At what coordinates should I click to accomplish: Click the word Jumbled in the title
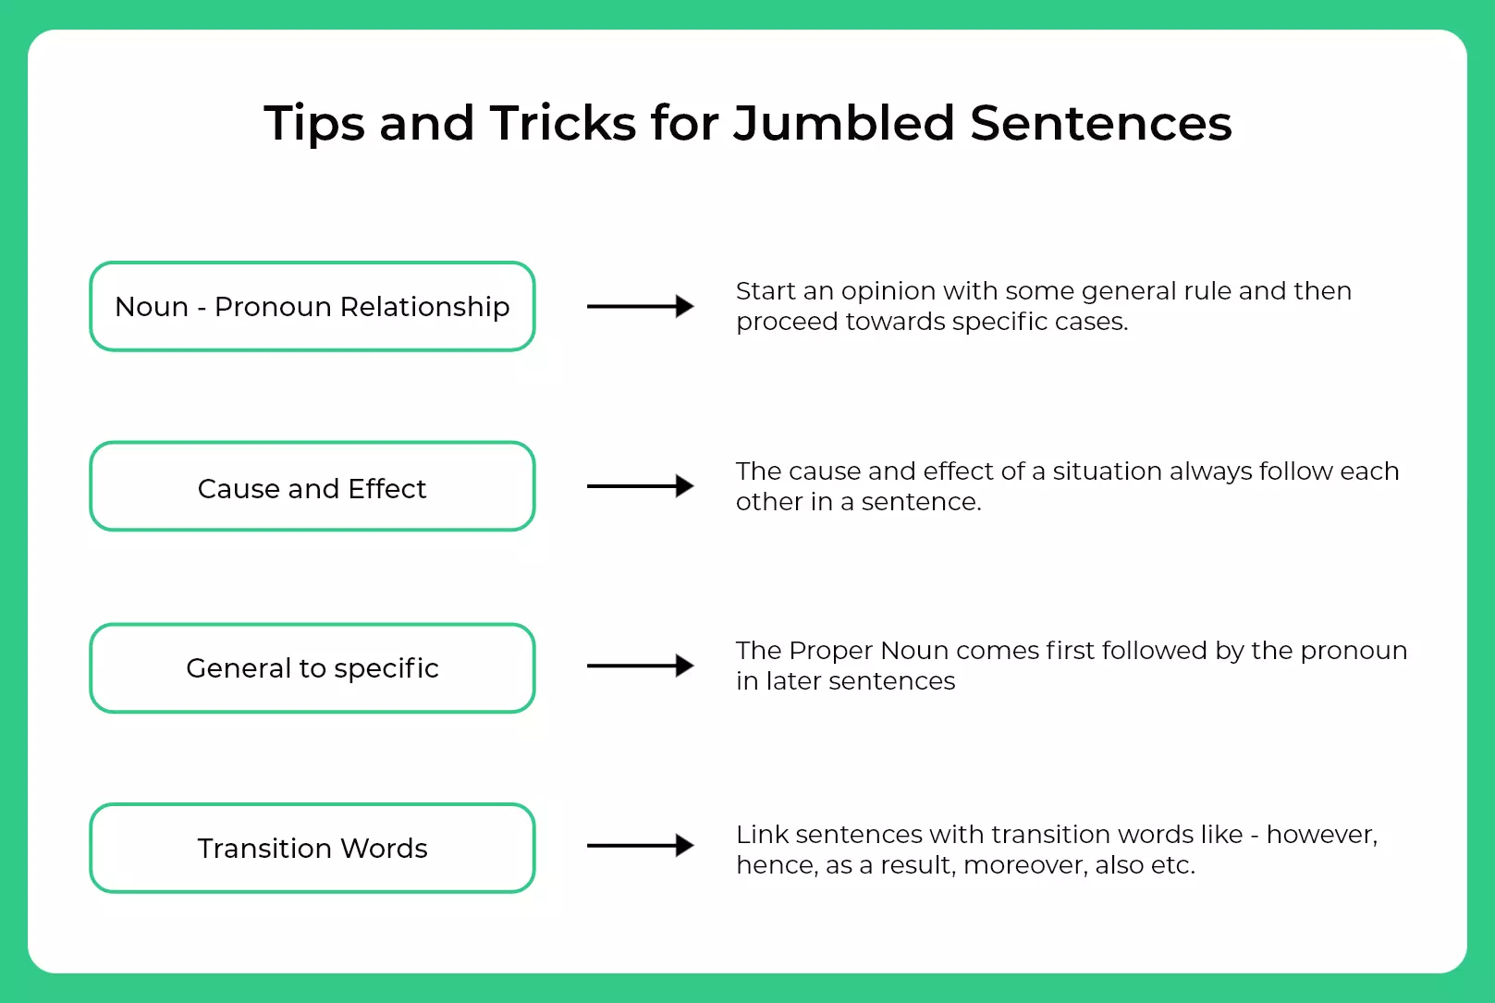(x=843, y=124)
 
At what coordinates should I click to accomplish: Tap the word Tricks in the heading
(x=563, y=123)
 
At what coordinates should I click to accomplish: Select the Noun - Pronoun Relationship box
(x=312, y=306)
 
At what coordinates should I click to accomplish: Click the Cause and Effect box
(x=312, y=486)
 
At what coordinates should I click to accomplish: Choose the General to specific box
(x=312, y=668)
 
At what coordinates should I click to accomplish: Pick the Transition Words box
(x=312, y=849)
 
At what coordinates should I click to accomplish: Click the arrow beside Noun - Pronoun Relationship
(x=641, y=306)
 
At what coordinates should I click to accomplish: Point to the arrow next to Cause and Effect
(x=641, y=486)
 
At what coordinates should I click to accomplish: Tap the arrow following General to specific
(x=641, y=666)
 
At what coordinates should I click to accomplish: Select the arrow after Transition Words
(x=641, y=846)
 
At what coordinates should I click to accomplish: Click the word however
(x=1321, y=835)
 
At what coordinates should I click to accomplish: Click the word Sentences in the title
(x=1100, y=124)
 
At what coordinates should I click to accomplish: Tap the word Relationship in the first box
(x=424, y=308)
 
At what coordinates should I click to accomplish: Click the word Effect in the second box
(x=386, y=488)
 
